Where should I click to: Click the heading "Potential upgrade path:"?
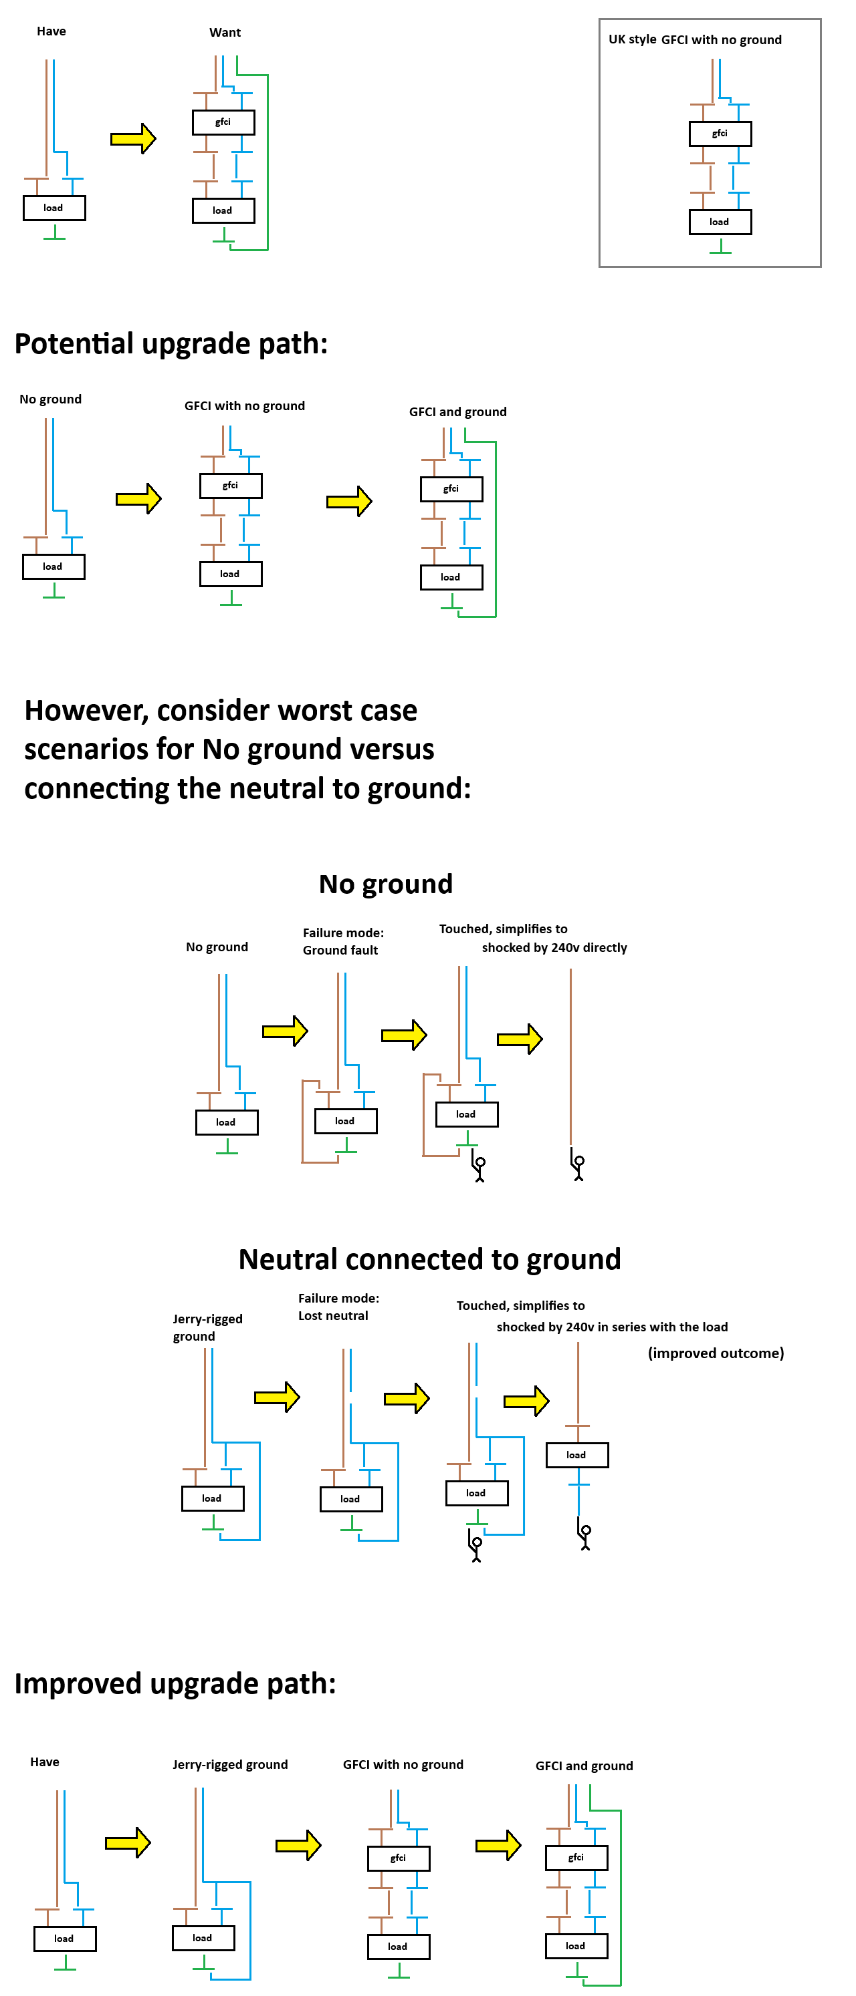point(171,343)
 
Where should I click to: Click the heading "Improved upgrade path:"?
point(175,1684)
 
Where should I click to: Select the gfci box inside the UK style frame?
point(720,134)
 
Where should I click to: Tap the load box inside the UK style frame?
point(720,222)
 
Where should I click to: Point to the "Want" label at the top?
point(225,33)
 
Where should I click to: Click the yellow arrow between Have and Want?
point(132,139)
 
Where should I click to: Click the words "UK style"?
point(632,39)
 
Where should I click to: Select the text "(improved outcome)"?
point(715,1353)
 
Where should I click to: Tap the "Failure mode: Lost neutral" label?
point(338,1307)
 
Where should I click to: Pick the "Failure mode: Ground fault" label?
point(342,941)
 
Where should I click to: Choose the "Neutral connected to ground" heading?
point(429,1259)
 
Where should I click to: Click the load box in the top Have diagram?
point(53,208)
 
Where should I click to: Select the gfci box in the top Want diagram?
point(223,122)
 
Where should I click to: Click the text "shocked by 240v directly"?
point(554,948)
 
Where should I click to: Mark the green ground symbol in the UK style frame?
point(720,247)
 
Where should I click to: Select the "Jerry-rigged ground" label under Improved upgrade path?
point(229,1764)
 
